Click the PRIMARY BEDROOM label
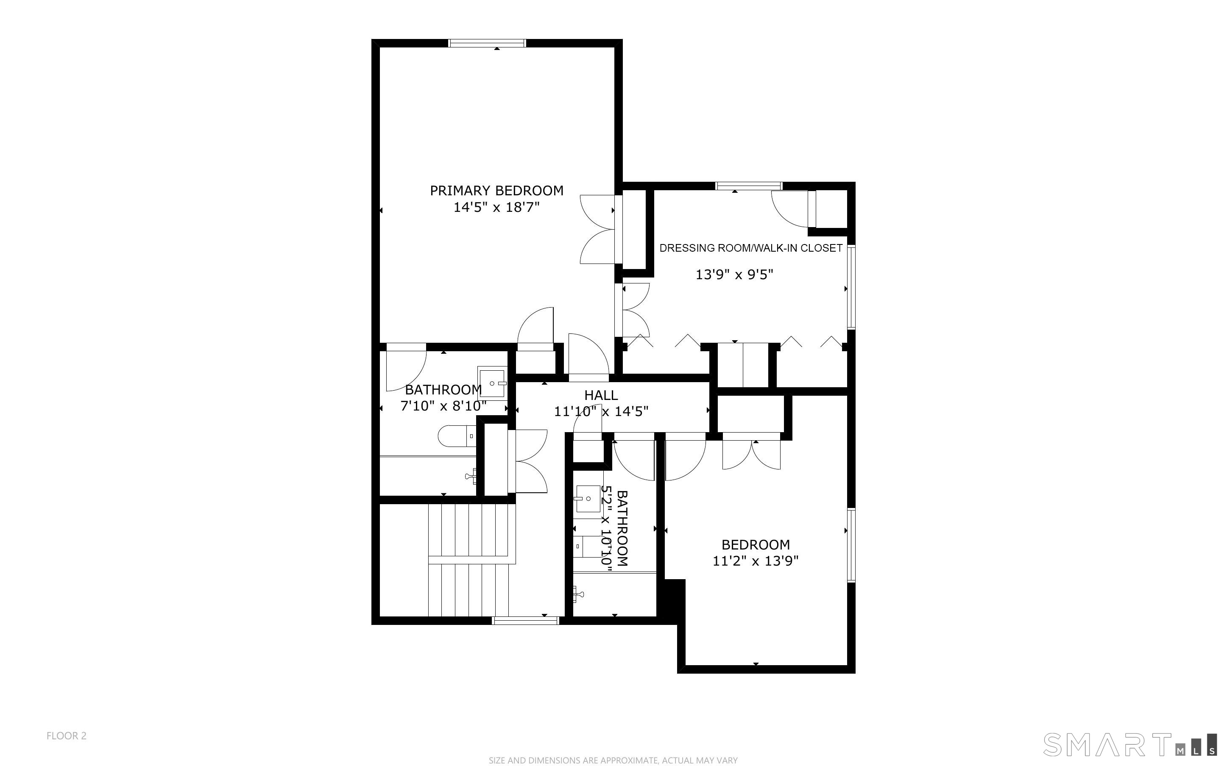[496, 191]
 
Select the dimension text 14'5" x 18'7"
[496, 207]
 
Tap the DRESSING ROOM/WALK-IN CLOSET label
[750, 248]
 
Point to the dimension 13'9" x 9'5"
[734, 275]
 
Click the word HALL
[601, 395]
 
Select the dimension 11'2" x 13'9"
[755, 561]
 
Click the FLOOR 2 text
[67, 735]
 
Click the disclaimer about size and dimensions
[613, 760]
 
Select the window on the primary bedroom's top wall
[488, 43]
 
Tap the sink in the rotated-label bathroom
[588, 499]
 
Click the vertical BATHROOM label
[622, 528]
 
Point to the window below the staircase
[526, 620]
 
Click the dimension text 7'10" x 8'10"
[443, 406]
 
